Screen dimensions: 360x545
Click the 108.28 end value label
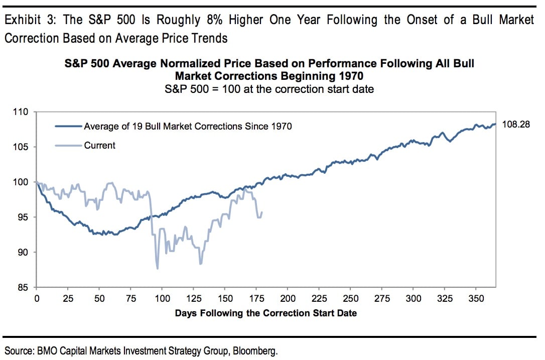pos(516,124)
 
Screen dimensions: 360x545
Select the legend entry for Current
pos(99,146)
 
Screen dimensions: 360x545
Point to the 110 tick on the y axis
pos(23,112)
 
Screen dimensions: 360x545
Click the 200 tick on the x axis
pos(288,298)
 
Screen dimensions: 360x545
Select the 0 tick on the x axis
pos(36,298)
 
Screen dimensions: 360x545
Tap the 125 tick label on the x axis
pos(193,298)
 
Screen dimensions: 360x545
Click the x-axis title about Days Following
pos(265,313)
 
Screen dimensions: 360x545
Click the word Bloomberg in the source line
pos(256,350)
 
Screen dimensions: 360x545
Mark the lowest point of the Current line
pos(158,269)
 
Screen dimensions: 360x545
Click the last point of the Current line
pos(262,212)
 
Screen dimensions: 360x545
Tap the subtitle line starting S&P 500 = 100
pos(265,89)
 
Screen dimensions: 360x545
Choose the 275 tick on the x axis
pos(382,298)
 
